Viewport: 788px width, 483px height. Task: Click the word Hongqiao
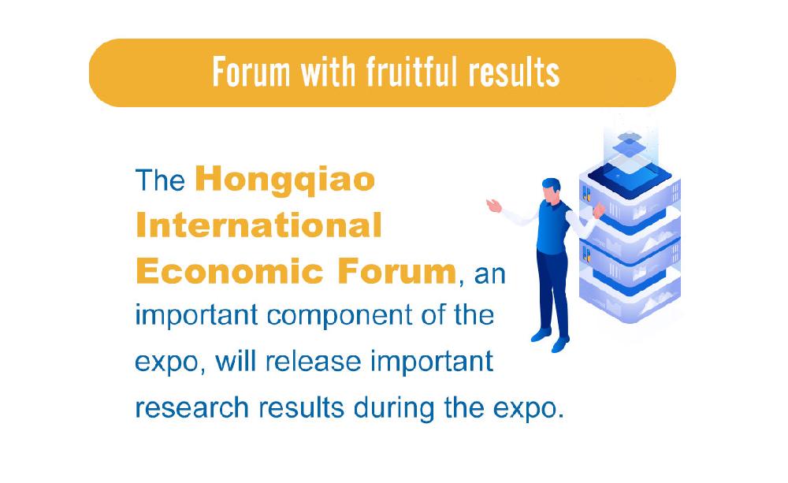285,180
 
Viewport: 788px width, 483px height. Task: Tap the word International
258,225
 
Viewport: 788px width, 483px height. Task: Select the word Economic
229,271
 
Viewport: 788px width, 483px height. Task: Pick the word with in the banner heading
328,72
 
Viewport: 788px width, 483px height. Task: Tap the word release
313,362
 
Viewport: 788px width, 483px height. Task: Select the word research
192,407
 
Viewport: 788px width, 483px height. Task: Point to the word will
236,362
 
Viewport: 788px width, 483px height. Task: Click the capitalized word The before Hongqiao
160,180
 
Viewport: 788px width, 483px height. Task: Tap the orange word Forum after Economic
396,271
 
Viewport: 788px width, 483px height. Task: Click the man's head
551,191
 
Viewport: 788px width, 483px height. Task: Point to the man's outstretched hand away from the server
494,205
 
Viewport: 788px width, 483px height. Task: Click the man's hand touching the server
599,210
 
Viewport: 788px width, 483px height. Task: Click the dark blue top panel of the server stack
630,176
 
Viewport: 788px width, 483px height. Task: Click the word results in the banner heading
514,72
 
